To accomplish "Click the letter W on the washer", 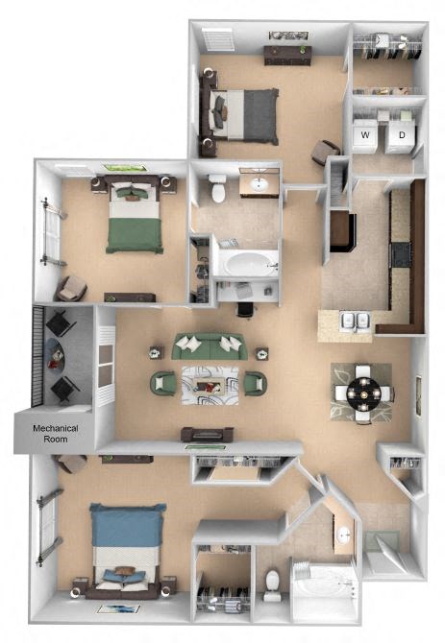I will coord(365,135).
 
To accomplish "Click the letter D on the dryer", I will coord(402,135).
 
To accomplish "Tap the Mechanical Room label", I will coord(54,434).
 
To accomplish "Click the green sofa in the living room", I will coord(209,346).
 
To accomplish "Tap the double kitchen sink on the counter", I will coord(358,321).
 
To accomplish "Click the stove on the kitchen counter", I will coord(399,254).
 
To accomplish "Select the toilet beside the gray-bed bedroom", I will coord(218,190).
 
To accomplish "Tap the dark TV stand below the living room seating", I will coord(207,434).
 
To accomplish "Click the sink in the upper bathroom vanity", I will coord(259,183).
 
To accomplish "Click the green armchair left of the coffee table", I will coord(162,384).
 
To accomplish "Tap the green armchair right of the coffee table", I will coord(254,384).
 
